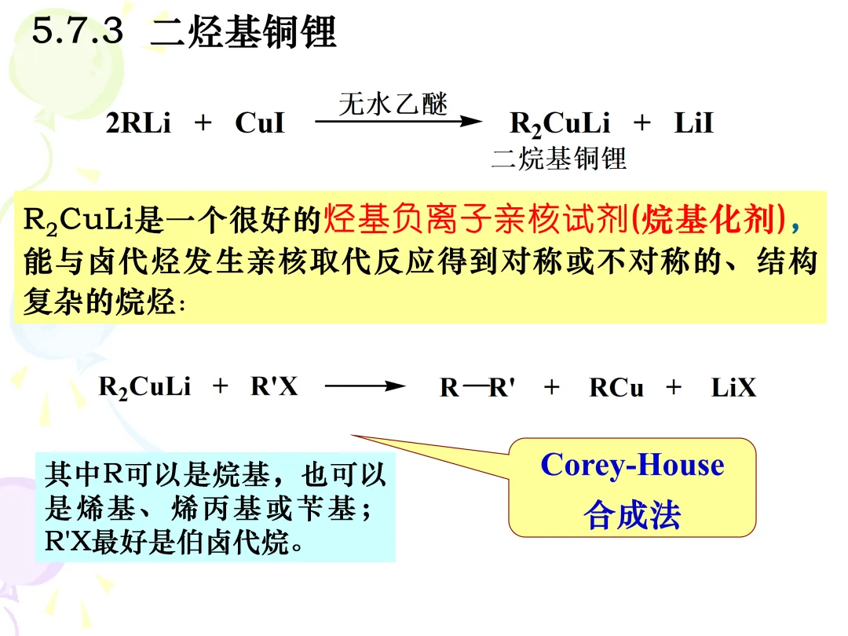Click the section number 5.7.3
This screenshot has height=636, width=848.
(78, 32)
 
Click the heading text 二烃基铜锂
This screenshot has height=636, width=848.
(243, 33)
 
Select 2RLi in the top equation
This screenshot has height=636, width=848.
(138, 124)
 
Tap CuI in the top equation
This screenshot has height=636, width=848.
(260, 124)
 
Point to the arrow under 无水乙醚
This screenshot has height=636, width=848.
(397, 122)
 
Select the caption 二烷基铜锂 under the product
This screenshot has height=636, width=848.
(558, 159)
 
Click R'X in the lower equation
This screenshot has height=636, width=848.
(274, 386)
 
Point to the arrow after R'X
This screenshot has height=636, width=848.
(364, 387)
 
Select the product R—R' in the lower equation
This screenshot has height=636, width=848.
(477, 388)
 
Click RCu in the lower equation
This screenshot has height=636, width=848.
(616, 388)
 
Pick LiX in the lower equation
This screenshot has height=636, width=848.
(733, 388)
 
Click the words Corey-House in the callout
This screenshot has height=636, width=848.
(632, 465)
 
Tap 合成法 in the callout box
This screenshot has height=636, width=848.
(632, 514)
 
